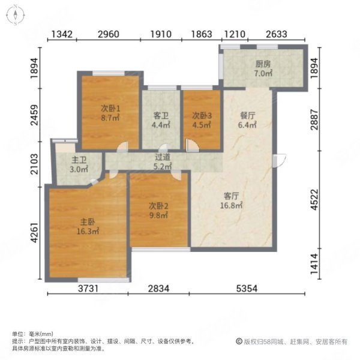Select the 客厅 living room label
tap(232, 196)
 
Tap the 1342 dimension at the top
tap(62, 34)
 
